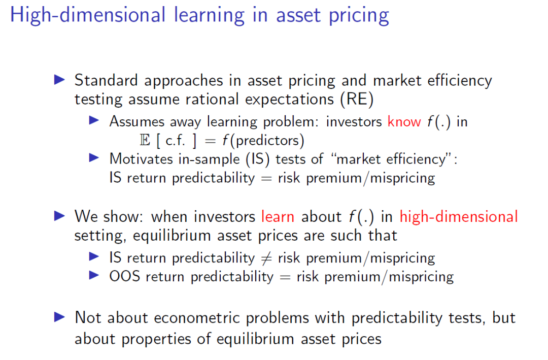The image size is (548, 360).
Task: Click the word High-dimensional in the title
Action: coord(87,15)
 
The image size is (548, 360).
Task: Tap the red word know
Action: coord(404,121)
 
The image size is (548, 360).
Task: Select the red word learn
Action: coord(278,217)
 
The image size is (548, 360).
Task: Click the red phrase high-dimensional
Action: coord(459,217)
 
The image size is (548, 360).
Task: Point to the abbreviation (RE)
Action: coord(357,99)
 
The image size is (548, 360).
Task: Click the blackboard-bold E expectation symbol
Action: coord(145,140)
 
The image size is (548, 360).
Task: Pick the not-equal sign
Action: coord(266,258)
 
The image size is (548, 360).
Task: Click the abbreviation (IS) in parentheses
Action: coord(258,159)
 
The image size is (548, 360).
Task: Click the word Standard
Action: coord(106,80)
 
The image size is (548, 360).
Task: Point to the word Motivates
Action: coord(141,159)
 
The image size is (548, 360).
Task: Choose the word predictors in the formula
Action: coord(267,141)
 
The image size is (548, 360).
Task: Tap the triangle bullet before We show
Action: coord(59,216)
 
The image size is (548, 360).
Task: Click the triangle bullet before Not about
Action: coord(59,317)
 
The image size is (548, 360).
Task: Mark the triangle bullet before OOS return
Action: coord(94,276)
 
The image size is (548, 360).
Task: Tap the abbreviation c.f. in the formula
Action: coord(176,141)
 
